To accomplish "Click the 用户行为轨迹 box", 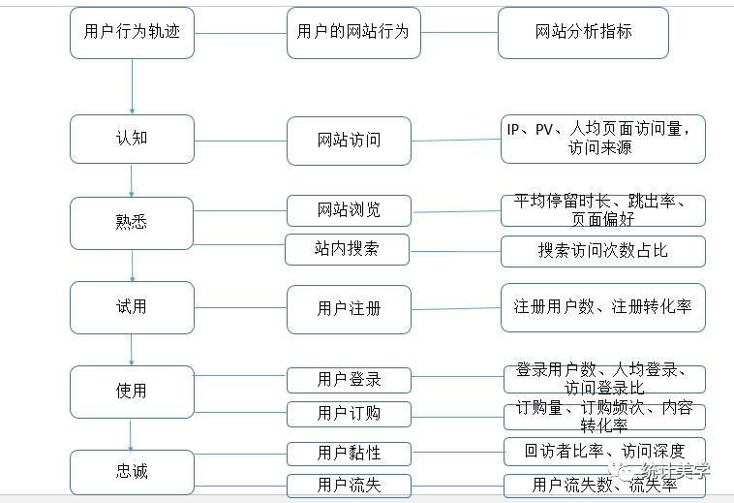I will (x=132, y=32).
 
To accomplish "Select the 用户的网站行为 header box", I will (x=352, y=32).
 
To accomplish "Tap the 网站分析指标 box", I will (x=583, y=32).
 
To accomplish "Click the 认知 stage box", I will (x=132, y=139).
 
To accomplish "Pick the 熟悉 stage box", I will (x=132, y=222).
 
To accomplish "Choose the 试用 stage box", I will (x=132, y=307).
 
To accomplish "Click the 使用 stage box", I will (x=132, y=392).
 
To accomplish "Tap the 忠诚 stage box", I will (x=132, y=472).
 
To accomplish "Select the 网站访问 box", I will (x=349, y=141).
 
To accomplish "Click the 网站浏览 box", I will (x=349, y=210).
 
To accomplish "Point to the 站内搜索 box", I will (x=347, y=249).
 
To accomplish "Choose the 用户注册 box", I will (x=349, y=308).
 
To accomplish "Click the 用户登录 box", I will (x=349, y=379).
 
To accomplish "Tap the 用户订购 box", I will (x=349, y=414).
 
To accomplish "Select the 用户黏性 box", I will (x=349, y=453).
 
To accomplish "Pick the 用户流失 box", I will (x=349, y=485).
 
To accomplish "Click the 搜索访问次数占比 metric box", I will (x=602, y=251).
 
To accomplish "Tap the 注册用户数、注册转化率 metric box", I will (x=602, y=307).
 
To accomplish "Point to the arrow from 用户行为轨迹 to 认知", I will (x=132, y=85).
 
